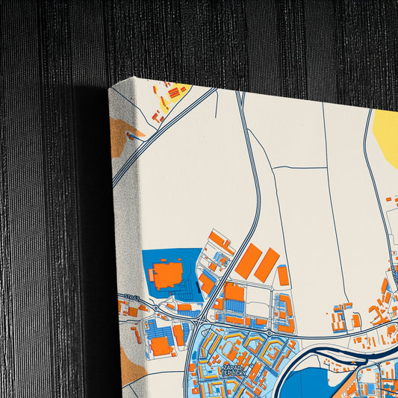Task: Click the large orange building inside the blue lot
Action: [169, 274]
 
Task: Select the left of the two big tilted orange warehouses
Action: [249, 260]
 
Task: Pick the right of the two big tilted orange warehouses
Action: [267, 264]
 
